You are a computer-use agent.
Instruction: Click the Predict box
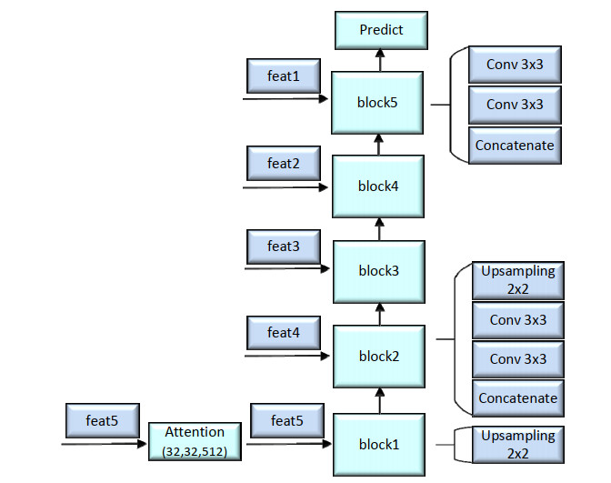(x=381, y=31)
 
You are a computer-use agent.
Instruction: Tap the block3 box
(x=377, y=271)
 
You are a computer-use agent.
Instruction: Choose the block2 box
(x=377, y=357)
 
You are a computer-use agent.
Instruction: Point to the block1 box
(x=377, y=445)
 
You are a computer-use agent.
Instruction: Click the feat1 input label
(x=283, y=76)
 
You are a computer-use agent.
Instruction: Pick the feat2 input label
(x=283, y=164)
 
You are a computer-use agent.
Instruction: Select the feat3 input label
(x=283, y=247)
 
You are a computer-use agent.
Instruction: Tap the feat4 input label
(x=283, y=333)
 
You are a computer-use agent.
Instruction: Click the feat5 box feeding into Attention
(x=102, y=421)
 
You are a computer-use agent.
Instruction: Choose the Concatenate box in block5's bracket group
(x=515, y=146)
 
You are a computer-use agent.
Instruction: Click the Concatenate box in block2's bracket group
(x=518, y=398)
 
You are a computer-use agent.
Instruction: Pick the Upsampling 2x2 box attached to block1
(x=517, y=445)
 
